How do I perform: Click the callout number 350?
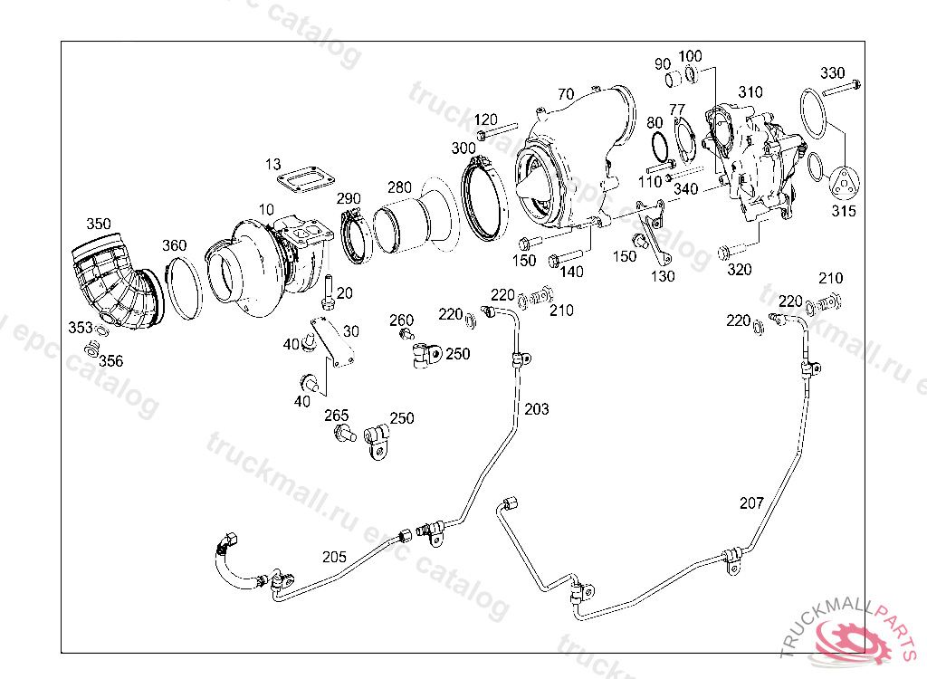(x=98, y=224)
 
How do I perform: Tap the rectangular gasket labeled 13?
(x=306, y=179)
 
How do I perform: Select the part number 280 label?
(x=399, y=187)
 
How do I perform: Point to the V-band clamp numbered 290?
(x=355, y=236)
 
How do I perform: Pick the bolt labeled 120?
(x=497, y=130)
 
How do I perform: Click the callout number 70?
(x=566, y=94)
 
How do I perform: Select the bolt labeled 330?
(x=841, y=89)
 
